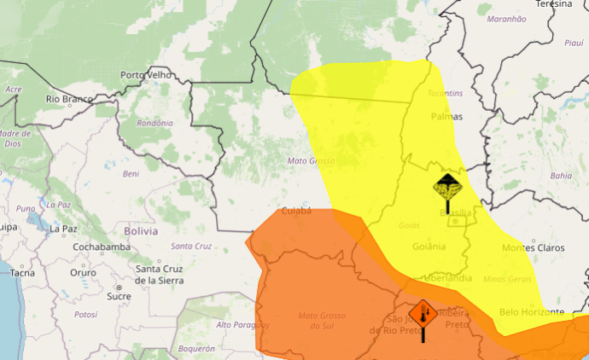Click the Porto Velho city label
tap(147, 75)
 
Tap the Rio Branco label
tap(68, 99)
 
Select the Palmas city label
tap(447, 116)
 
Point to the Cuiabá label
tap(296, 210)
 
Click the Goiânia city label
tap(428, 247)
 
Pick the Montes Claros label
tap(533, 247)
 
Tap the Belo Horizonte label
tap(531, 311)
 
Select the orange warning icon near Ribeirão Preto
tap(423, 315)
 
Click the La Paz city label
tap(63, 229)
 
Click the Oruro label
tap(84, 273)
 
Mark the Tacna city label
tap(22, 273)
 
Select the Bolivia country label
tap(141, 231)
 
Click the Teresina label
tap(554, 4)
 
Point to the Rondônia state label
tap(155, 123)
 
